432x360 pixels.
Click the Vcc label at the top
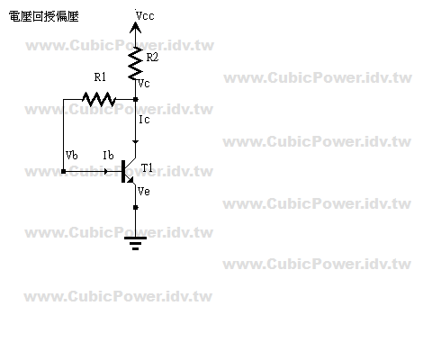point(145,15)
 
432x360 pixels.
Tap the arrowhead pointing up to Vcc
point(135,28)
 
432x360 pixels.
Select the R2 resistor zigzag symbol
point(135,63)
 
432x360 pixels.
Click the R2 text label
point(152,57)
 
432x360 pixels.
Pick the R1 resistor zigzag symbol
point(99,99)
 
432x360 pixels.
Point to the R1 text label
point(100,77)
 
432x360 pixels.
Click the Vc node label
point(144,84)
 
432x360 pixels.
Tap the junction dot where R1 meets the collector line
point(136,99)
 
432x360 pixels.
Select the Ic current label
point(144,120)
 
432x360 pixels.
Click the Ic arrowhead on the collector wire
point(136,141)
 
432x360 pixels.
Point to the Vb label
point(72,155)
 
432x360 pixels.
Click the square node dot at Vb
point(63,171)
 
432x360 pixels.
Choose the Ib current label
point(108,155)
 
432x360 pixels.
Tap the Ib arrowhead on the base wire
point(105,171)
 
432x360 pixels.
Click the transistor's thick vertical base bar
point(123,171)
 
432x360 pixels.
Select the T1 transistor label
point(147,167)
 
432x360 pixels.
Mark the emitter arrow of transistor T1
point(130,179)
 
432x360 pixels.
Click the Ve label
point(144,191)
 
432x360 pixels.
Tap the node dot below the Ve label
point(136,207)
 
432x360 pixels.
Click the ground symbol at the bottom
point(135,243)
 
